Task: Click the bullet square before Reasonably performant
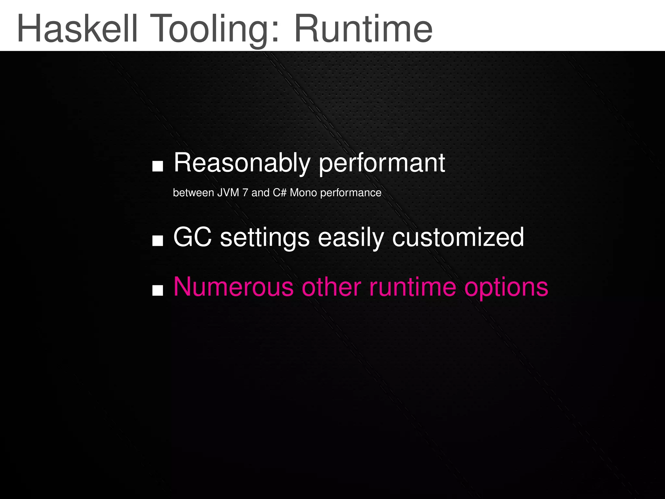pos(157,166)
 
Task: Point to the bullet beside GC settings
pos(157,241)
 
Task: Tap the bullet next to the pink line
pos(157,290)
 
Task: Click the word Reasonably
pos(242,163)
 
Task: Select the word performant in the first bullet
pos(382,164)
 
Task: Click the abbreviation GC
pos(193,237)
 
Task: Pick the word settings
pos(265,238)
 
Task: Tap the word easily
pos(351,238)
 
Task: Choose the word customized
pos(458,237)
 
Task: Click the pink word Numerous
pos(233,287)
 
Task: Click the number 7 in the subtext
pos(245,193)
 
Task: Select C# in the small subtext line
pos(279,193)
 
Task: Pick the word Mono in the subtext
pos(303,193)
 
